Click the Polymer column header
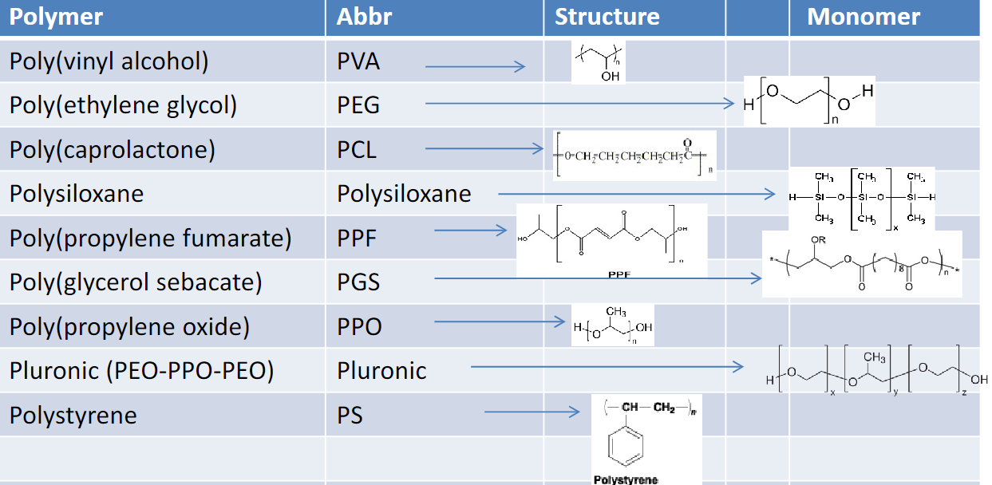[x=57, y=17]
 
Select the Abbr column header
[x=364, y=17]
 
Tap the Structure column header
[x=607, y=17]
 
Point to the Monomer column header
[x=864, y=17]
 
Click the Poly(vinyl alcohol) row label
[x=109, y=61]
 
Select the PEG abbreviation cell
[x=358, y=105]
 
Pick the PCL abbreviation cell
[x=357, y=150]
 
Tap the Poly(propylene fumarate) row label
[x=150, y=238]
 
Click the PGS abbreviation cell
[x=358, y=282]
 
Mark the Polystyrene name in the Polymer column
[x=73, y=416]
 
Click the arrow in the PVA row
[x=475, y=67]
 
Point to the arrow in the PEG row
[x=579, y=103]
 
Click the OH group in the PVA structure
[x=610, y=77]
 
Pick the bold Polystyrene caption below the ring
[x=626, y=479]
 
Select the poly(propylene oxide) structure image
[x=612, y=325]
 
